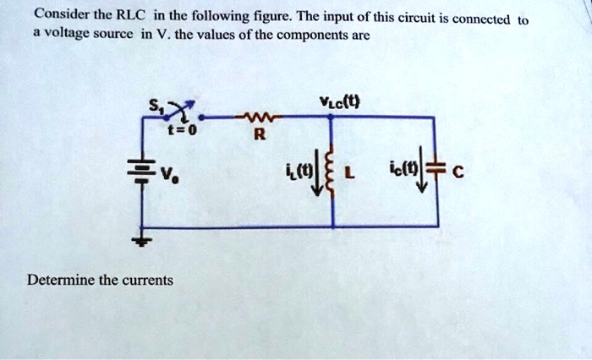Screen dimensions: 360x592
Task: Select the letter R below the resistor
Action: coord(259,134)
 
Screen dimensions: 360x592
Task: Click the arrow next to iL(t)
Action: coord(317,177)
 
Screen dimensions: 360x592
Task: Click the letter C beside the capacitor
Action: coord(458,175)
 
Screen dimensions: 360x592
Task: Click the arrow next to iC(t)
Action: coord(420,177)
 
